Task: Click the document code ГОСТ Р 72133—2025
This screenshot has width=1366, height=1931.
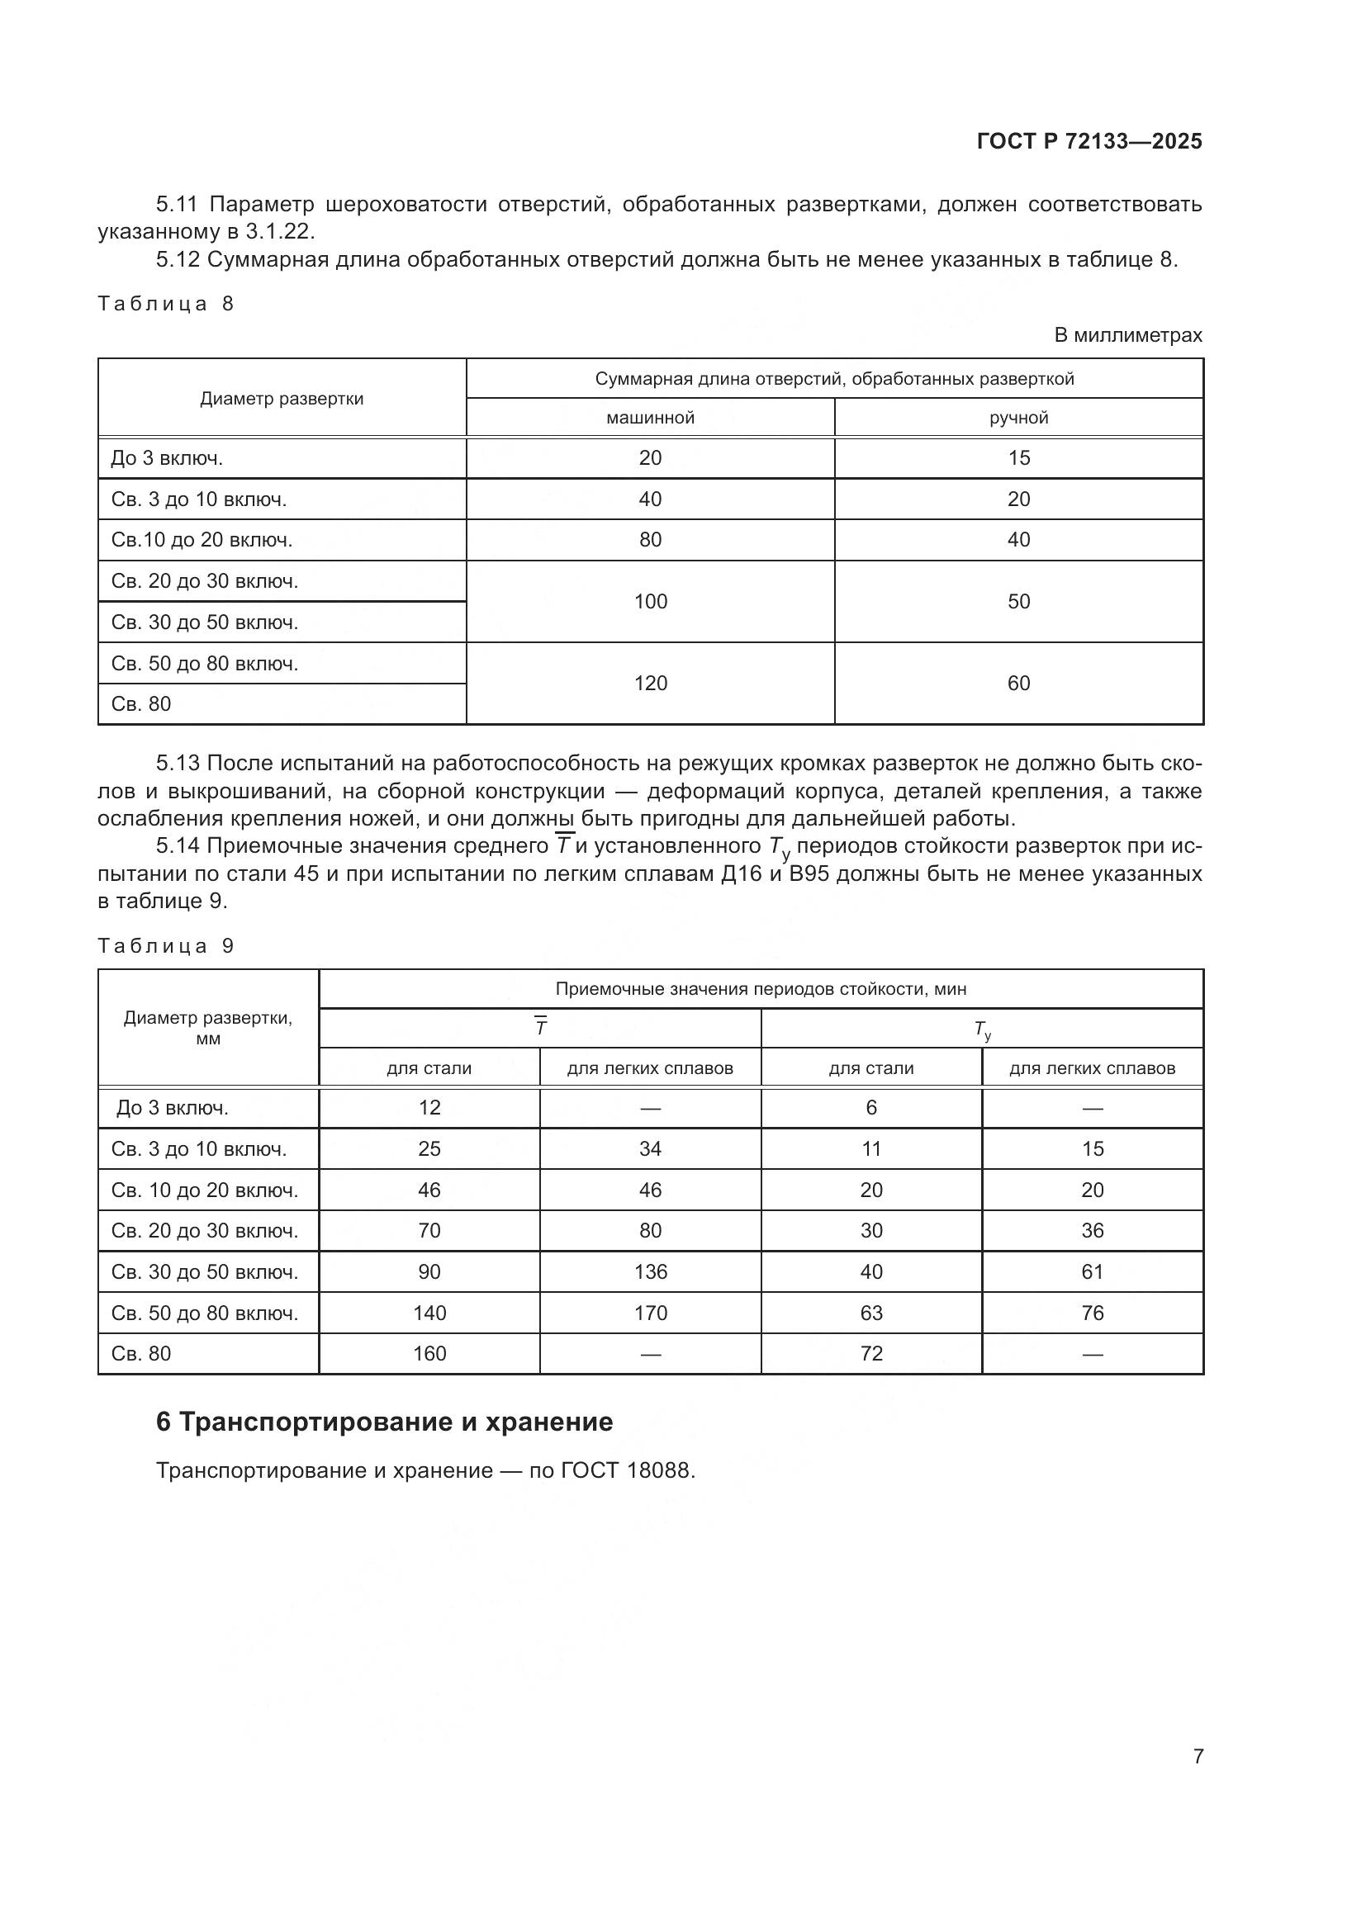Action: coord(1089,141)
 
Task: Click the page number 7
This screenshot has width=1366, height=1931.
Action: coord(1198,1756)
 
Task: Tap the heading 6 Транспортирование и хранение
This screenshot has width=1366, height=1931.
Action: coord(384,1422)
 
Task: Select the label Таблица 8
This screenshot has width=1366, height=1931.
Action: coord(166,304)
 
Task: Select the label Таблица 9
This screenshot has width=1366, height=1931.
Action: coord(166,946)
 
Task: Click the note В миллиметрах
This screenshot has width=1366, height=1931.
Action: coord(1128,334)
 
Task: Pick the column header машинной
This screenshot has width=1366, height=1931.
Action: coord(650,418)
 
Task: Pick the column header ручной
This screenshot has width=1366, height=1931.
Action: coord(1018,418)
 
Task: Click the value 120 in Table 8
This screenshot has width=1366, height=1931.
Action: coord(650,683)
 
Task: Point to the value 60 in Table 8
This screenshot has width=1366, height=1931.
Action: coord(1018,683)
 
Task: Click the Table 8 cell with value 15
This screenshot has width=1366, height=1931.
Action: coord(1018,458)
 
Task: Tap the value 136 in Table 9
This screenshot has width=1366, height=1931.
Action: coord(650,1271)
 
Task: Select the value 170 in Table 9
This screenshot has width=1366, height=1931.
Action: coord(650,1313)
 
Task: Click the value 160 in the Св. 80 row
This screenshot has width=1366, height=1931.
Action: coord(429,1353)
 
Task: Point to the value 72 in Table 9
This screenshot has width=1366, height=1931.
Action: coord(871,1353)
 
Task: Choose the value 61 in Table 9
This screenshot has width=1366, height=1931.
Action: coord(1092,1271)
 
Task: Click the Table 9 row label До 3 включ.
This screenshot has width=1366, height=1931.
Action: coord(173,1108)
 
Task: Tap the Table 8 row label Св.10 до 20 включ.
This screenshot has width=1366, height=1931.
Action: coord(202,540)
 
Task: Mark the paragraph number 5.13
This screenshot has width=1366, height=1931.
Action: coord(178,763)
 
